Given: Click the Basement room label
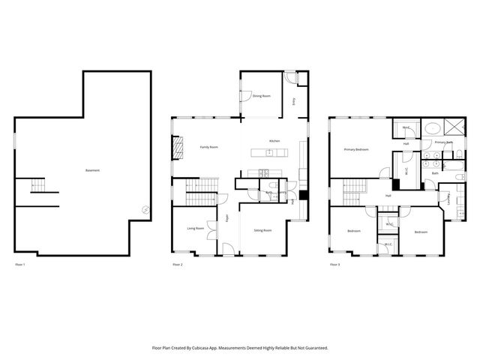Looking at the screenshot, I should (x=93, y=170).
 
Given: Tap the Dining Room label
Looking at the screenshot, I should (x=261, y=96).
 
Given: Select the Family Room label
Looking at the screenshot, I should (x=208, y=147).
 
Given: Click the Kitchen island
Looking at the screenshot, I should (x=269, y=154).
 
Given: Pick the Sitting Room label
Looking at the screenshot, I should (x=262, y=230).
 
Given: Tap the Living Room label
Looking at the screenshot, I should (x=195, y=228).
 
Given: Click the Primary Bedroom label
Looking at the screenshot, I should (x=356, y=149).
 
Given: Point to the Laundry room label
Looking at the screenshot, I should (x=448, y=199).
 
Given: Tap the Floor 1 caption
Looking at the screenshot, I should (x=20, y=265).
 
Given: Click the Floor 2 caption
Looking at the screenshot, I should (x=178, y=265).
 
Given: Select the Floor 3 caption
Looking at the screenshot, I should (x=334, y=265).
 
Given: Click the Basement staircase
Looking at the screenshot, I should (x=37, y=187).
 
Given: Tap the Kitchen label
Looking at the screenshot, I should (x=275, y=141).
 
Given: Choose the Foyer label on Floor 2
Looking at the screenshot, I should (x=227, y=218).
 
